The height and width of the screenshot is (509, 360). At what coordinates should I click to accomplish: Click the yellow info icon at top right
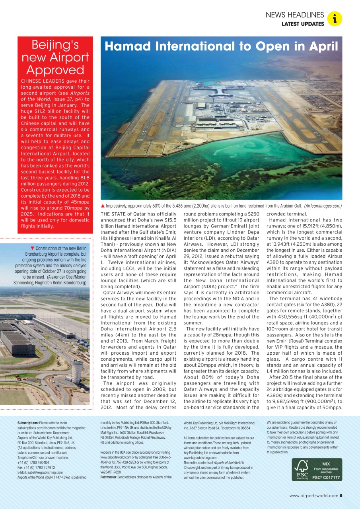click(x=335, y=19)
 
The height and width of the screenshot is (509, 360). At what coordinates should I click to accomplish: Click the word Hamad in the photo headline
click(x=128, y=47)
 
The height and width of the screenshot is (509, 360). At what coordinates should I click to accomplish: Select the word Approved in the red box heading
click(x=55, y=70)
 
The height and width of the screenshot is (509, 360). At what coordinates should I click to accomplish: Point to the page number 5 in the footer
click(x=341, y=495)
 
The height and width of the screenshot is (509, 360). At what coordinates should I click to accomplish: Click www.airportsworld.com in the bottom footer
click(x=314, y=495)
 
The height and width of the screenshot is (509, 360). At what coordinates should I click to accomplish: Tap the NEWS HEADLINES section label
click(x=295, y=15)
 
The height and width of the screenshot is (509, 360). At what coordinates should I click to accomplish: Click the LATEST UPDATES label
click(x=303, y=24)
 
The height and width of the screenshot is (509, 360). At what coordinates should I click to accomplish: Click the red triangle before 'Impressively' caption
click(x=103, y=206)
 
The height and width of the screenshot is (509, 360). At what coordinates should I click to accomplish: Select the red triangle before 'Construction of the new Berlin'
click(x=32, y=248)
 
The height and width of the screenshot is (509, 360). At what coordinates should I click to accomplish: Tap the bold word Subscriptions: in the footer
click(x=28, y=423)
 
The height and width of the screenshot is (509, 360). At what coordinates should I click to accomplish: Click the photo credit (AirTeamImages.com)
click(x=323, y=206)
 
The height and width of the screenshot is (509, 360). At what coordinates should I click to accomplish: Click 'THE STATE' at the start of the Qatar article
click(x=113, y=214)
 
